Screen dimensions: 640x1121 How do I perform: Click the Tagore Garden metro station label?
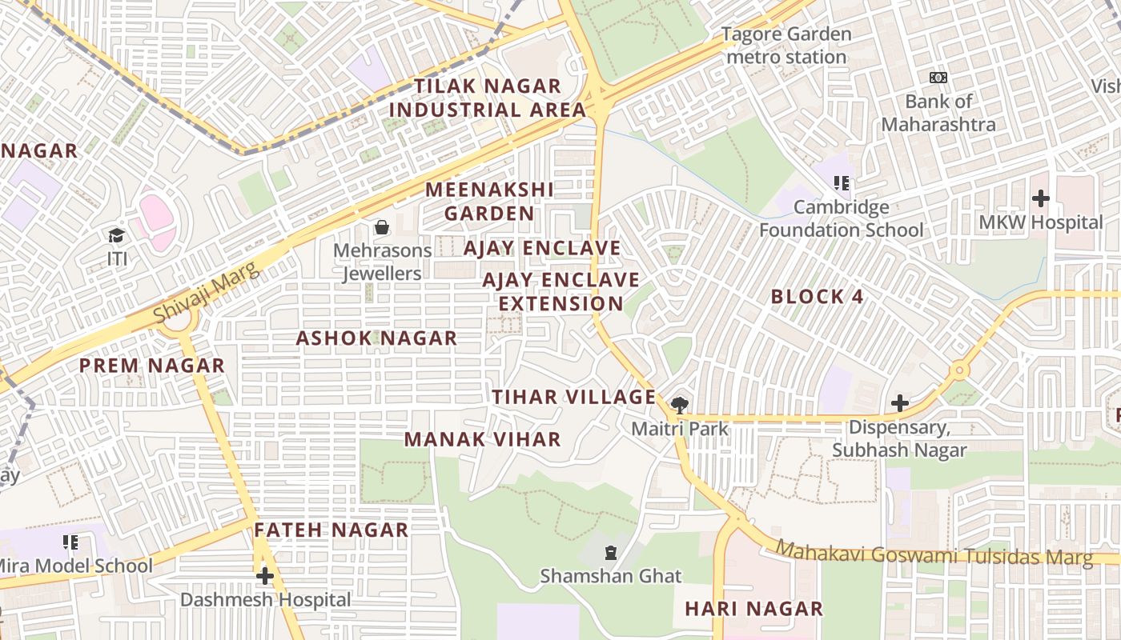click(x=786, y=46)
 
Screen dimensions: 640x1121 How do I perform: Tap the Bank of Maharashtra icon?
click(x=938, y=78)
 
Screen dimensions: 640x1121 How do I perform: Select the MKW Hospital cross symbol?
click(x=1040, y=198)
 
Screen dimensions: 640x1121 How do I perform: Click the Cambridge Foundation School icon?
click(x=841, y=183)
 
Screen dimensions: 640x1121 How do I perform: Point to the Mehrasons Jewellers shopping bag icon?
click(x=382, y=227)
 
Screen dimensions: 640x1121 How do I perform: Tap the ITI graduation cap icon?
click(x=117, y=235)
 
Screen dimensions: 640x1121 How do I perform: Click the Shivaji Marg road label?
click(x=206, y=293)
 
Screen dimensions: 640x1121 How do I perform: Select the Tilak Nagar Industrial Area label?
click(x=487, y=98)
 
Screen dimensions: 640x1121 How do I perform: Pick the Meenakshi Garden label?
click(x=489, y=202)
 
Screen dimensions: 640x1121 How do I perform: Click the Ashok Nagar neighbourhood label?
click(x=376, y=338)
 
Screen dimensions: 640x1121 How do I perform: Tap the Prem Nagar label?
click(x=152, y=366)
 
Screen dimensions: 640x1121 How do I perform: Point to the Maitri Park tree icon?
click(x=680, y=405)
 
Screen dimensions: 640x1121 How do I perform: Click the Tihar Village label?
click(x=573, y=397)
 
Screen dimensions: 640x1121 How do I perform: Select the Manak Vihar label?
click(x=482, y=439)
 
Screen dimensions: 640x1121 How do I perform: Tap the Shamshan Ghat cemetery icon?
click(x=611, y=552)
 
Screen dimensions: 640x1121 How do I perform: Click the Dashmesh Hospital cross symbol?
click(x=265, y=576)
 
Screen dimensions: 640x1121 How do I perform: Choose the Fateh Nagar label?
click(x=331, y=530)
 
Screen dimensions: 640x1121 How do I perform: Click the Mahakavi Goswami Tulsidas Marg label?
click(x=934, y=554)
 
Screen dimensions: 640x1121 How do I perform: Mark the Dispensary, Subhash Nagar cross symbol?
click(x=899, y=403)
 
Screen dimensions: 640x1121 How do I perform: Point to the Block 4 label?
click(x=817, y=297)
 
